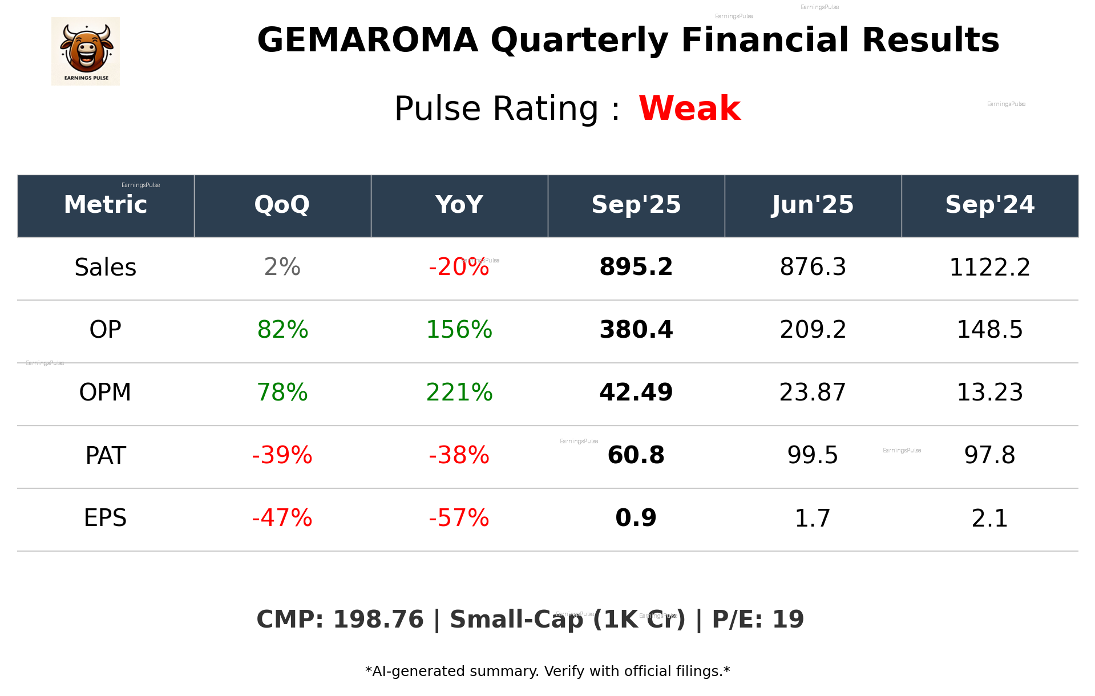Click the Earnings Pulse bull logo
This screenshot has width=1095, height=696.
coord(86,51)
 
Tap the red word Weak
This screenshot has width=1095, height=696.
coord(689,108)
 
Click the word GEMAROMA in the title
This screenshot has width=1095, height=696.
coord(367,41)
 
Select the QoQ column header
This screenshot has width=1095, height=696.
coord(282,205)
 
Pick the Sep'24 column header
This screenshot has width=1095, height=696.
coord(989,205)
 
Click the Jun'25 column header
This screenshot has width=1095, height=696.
coord(813,205)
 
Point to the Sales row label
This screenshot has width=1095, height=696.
coord(106,267)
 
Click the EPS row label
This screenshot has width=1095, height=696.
coord(106,518)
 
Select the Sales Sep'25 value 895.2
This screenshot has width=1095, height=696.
coord(636,267)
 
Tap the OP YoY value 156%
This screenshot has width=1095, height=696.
coord(459,330)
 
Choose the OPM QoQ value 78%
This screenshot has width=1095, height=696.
coord(282,392)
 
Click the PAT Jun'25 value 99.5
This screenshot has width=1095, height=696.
coord(813,455)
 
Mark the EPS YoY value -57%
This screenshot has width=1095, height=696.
coord(459,518)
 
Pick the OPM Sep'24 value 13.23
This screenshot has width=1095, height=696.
coord(989,392)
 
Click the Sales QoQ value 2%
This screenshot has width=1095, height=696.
coord(282,267)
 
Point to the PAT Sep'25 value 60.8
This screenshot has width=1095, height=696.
coord(636,455)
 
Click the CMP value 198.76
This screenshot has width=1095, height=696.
coord(378,620)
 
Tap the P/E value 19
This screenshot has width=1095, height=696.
coord(788,620)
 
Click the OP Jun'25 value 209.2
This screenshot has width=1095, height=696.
coord(813,330)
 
